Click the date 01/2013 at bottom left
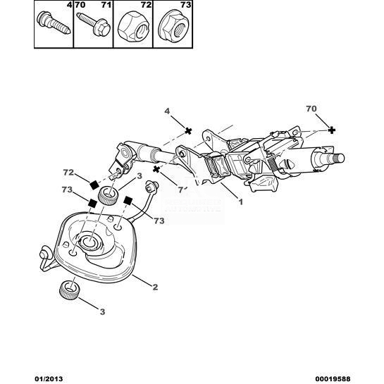(48, 379)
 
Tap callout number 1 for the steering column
(241, 202)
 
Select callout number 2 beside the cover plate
(155, 287)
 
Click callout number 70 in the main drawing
(311, 109)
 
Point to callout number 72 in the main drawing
(68, 173)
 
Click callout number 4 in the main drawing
(167, 111)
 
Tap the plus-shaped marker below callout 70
(331, 130)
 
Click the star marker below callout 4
(188, 131)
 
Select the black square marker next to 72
(94, 185)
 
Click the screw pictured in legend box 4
(54, 23)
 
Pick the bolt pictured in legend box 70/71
(94, 24)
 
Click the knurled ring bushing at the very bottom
(69, 290)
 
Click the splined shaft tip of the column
(337, 158)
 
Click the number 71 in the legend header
(106, 5)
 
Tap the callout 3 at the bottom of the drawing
(102, 311)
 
